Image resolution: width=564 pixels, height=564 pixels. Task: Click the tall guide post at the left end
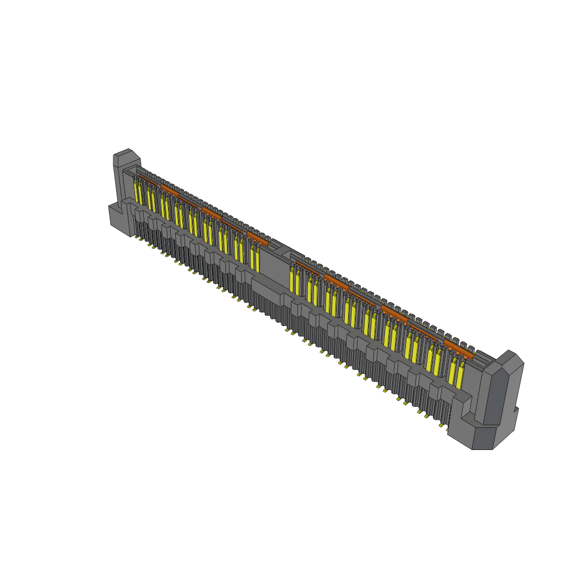pyautogui.click(x=122, y=176)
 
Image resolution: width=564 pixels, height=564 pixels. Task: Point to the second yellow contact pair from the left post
pyautogui.click(x=151, y=199)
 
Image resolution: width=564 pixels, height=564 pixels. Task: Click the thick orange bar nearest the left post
pyautogui.click(x=169, y=191)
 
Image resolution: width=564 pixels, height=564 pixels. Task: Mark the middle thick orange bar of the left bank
pyautogui.click(x=211, y=213)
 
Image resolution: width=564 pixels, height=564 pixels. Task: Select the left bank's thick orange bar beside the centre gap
pyautogui.click(x=257, y=238)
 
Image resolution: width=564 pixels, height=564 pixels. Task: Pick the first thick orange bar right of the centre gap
pyautogui.click(x=336, y=280)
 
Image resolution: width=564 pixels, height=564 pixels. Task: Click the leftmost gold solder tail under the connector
pyautogui.click(x=136, y=237)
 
